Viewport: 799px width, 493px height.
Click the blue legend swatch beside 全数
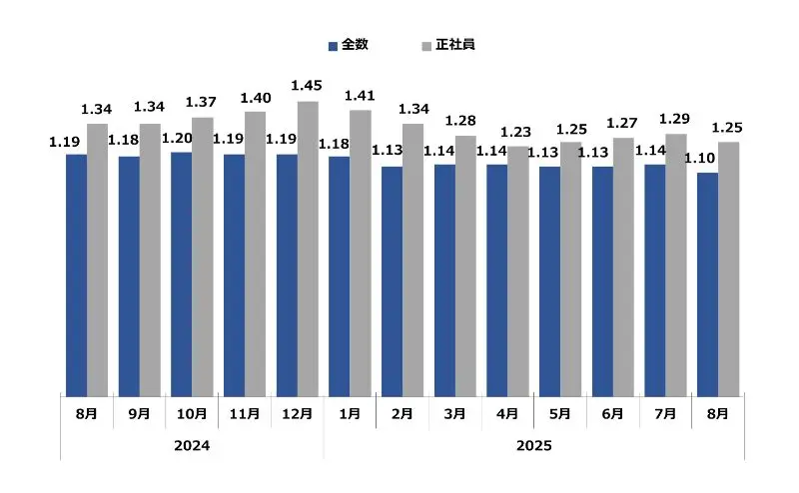coord(334,46)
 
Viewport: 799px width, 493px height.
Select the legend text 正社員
coord(454,46)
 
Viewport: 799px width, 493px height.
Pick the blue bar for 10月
coord(182,273)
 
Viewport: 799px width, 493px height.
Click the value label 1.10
coord(698,158)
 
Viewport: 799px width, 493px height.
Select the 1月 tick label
coord(350,413)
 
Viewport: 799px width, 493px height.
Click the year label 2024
coord(193,445)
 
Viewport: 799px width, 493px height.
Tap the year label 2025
coord(534,445)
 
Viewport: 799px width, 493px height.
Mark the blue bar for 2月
coord(392,280)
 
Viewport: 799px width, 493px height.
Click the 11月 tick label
coord(245,413)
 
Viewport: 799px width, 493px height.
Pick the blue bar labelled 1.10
coord(707,283)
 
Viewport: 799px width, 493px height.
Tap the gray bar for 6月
coord(623,266)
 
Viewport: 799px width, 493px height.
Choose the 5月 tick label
coord(560,413)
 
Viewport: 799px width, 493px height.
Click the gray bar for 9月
coord(150,259)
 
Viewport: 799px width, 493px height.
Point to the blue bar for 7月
coord(654,279)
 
